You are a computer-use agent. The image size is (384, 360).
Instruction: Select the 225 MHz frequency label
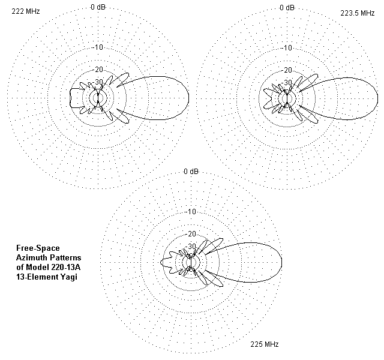265,344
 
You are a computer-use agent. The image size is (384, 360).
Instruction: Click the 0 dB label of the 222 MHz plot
98,7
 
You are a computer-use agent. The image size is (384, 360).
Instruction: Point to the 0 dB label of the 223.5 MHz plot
287,7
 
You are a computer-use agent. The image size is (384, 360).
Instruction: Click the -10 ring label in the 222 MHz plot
98,48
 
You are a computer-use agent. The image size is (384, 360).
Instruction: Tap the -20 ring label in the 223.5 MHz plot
287,70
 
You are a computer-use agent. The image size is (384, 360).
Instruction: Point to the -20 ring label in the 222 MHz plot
98,70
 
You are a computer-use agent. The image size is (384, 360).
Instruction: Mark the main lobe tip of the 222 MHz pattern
188,98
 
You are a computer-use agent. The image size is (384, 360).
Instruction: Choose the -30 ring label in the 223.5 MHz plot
287,82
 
